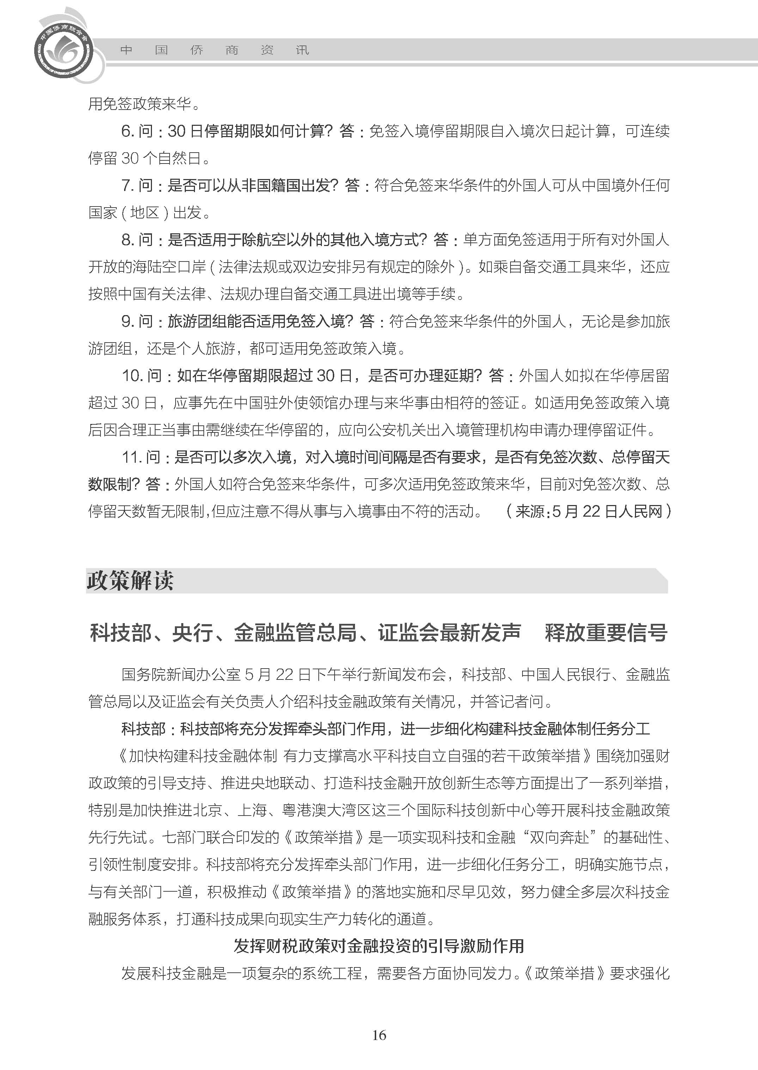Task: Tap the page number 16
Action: tap(379, 1035)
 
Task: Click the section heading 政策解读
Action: tap(130, 581)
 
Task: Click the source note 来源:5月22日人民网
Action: tap(588, 511)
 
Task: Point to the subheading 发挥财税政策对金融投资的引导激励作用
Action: tap(379, 946)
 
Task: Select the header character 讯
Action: tap(302, 50)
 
